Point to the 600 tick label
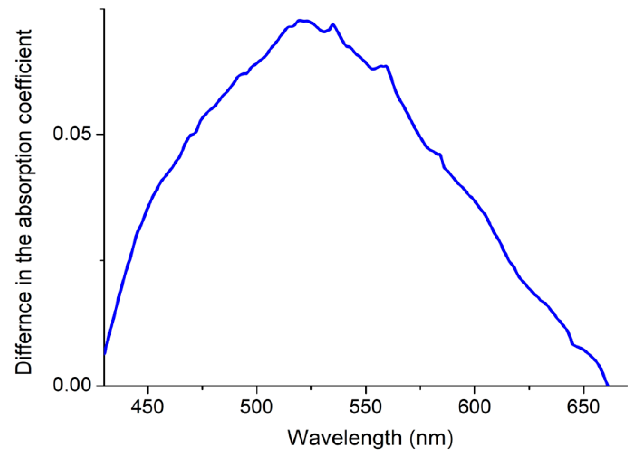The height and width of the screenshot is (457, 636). (x=474, y=407)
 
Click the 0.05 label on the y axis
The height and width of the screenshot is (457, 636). (x=72, y=134)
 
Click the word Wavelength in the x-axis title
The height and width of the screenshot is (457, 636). (x=344, y=438)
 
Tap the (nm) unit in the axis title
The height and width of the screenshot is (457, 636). (x=431, y=438)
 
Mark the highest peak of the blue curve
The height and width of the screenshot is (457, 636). (x=299, y=21)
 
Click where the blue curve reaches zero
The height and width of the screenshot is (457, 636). (x=607, y=385)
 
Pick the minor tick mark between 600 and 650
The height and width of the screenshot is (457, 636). (x=529, y=388)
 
